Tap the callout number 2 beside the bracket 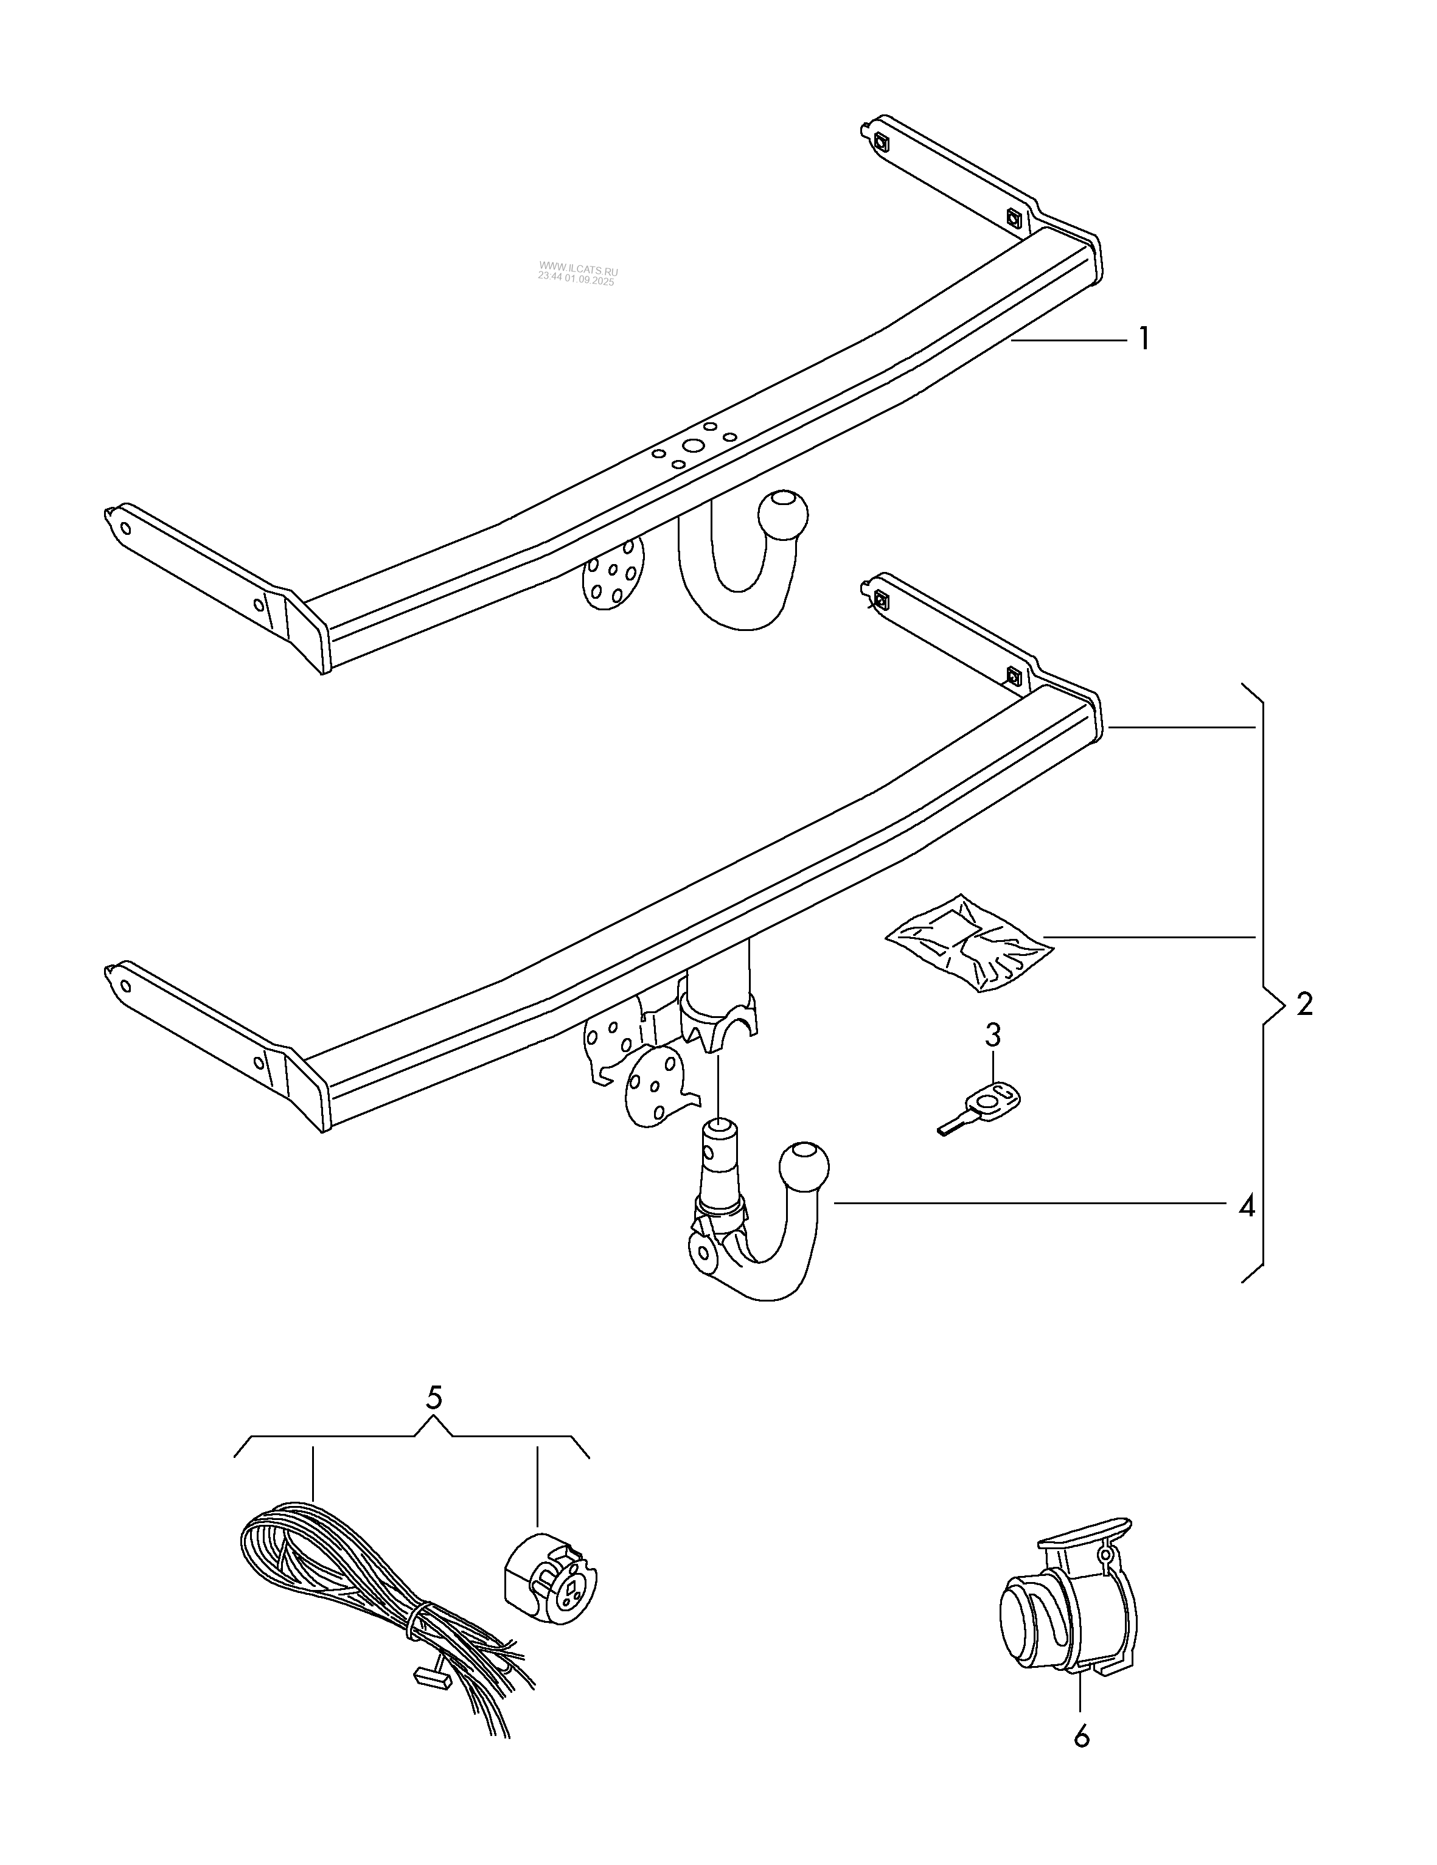coord(1304,1004)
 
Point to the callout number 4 coord(1247,1207)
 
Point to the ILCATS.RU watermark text coord(577,271)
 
